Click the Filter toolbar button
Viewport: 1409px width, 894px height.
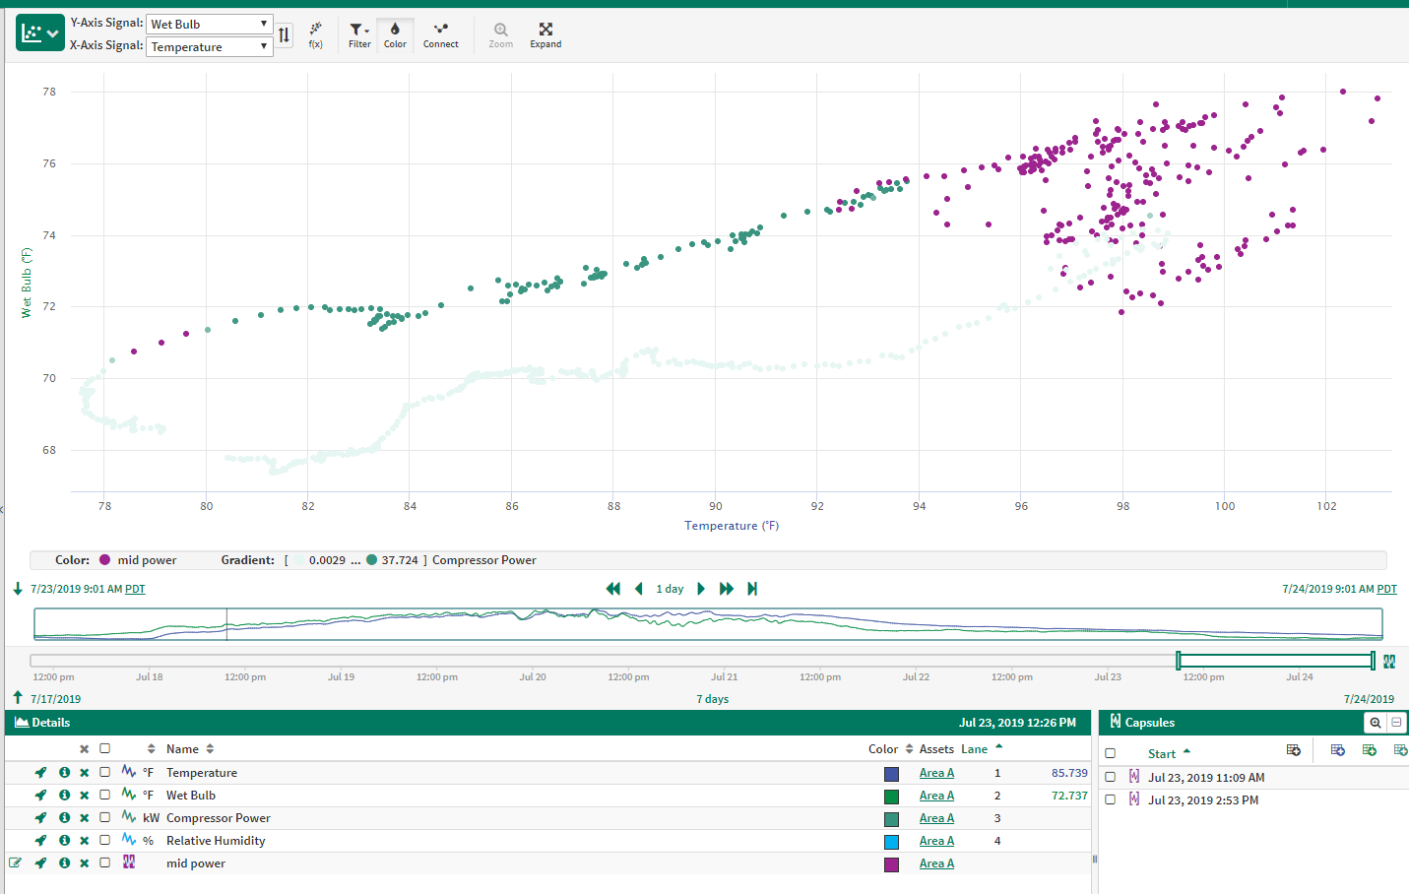[359, 34]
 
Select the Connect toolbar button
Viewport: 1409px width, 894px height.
[440, 34]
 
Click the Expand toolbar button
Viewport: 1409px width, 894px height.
[545, 34]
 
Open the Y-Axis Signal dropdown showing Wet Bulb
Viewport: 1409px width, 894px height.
[209, 24]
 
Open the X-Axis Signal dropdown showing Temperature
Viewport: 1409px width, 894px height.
[209, 46]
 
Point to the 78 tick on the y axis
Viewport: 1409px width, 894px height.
[49, 92]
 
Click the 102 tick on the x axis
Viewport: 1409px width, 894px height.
[1326, 506]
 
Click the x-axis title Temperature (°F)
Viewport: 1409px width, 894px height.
[732, 526]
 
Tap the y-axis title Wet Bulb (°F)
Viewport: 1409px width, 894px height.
[27, 282]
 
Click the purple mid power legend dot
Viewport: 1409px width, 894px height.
[104, 560]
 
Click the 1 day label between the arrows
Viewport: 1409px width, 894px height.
[670, 589]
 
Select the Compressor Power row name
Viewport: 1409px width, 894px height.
[218, 818]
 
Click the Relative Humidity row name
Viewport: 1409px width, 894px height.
[216, 841]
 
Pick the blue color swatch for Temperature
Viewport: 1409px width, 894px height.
[891, 774]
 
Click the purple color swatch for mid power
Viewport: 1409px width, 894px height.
[891, 864]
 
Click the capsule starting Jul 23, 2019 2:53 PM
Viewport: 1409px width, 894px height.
[1202, 800]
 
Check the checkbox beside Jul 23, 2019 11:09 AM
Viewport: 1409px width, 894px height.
[1111, 777]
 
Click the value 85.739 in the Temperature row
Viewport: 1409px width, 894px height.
[1069, 773]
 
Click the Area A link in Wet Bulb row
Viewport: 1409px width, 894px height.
[936, 796]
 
